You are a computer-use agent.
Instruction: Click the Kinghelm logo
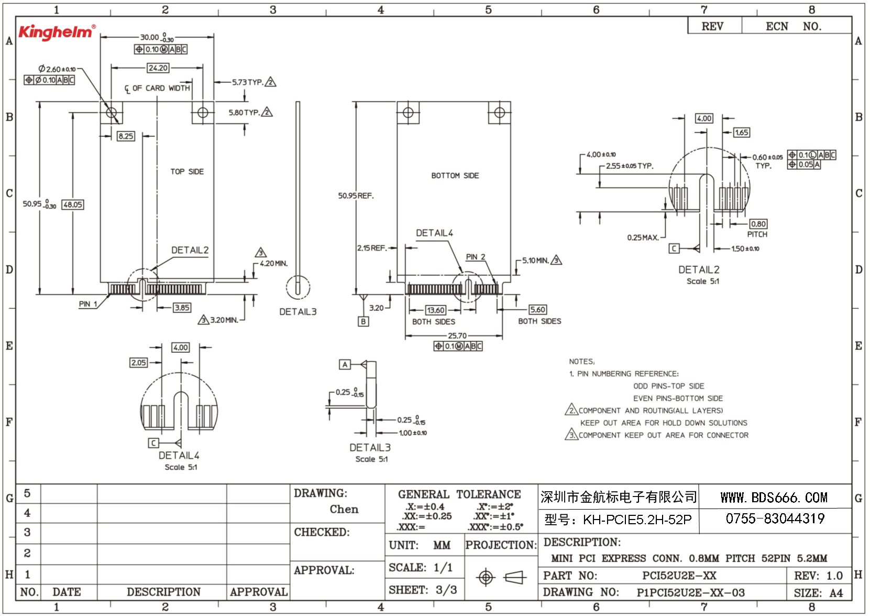coord(57,32)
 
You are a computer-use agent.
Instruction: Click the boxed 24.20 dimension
coord(158,68)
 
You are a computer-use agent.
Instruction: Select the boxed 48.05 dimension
coord(73,204)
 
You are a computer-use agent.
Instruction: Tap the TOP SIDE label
coord(187,171)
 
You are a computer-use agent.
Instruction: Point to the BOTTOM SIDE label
coord(455,176)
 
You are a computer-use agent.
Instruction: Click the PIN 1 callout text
coord(88,304)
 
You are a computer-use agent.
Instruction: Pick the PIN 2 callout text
coord(476,257)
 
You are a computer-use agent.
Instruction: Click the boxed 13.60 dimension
coord(436,310)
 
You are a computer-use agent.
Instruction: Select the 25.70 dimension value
coord(457,336)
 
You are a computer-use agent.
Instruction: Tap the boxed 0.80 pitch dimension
coord(758,224)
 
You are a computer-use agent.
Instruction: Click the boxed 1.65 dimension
coord(741,132)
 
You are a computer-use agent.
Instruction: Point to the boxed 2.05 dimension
coord(138,362)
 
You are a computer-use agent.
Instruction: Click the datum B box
coord(363,321)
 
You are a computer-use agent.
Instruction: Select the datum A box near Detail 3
coord(345,364)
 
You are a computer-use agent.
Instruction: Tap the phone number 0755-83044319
coord(775,518)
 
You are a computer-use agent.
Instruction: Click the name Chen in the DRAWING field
coord(344,509)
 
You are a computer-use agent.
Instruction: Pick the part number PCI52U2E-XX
coord(679,575)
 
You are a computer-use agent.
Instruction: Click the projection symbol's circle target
coord(486,577)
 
